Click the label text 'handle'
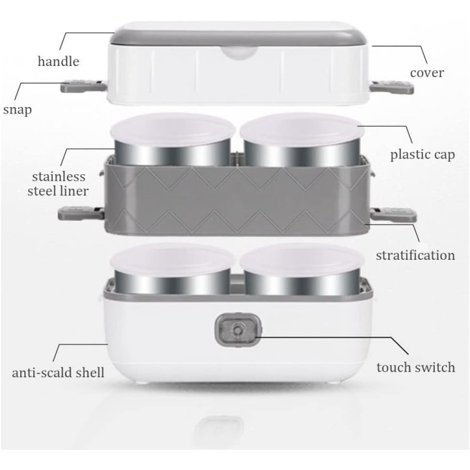click(59, 61)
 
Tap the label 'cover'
click(427, 73)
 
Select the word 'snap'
click(18, 110)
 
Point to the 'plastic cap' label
click(422, 155)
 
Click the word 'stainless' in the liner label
click(59, 176)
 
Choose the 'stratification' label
click(415, 255)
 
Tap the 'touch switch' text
click(416, 367)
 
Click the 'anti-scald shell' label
click(58, 373)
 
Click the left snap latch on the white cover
click(84, 86)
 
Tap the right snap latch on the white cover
click(392, 87)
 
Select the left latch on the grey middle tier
click(81, 213)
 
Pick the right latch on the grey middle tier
click(393, 215)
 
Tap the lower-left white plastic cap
click(172, 261)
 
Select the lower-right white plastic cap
click(302, 261)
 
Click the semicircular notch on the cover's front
click(239, 53)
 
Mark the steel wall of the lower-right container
click(302, 283)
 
